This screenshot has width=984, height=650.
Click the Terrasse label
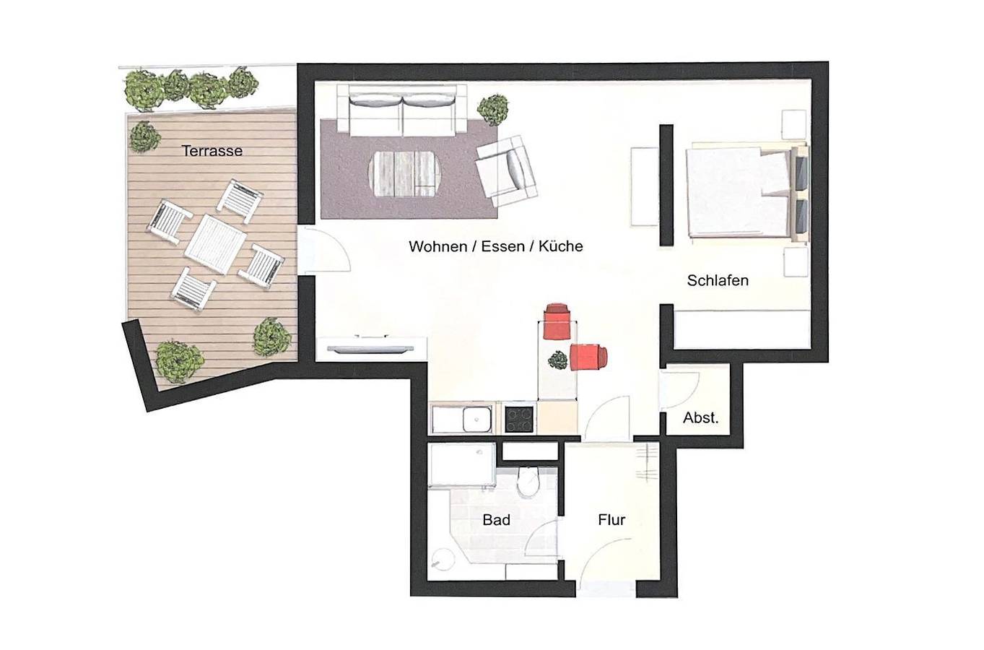coord(212,151)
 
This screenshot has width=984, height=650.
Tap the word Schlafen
coord(718,280)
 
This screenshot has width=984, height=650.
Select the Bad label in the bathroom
coord(497,520)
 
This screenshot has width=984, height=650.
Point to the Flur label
coord(611,520)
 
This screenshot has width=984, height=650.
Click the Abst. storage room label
coord(701,418)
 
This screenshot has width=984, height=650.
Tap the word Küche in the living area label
coord(560,246)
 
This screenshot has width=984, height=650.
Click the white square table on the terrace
coord(215,244)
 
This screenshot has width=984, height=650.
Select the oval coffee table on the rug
coord(404,174)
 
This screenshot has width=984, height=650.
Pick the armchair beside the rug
coord(507,171)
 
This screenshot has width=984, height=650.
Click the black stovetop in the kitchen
coord(519,419)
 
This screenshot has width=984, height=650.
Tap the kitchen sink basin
coord(476,419)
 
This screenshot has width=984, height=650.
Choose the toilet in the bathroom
coord(528,482)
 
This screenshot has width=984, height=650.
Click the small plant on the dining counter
coord(558,360)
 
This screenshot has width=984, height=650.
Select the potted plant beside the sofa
coord(493,110)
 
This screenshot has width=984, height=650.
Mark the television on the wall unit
coord(370,350)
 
